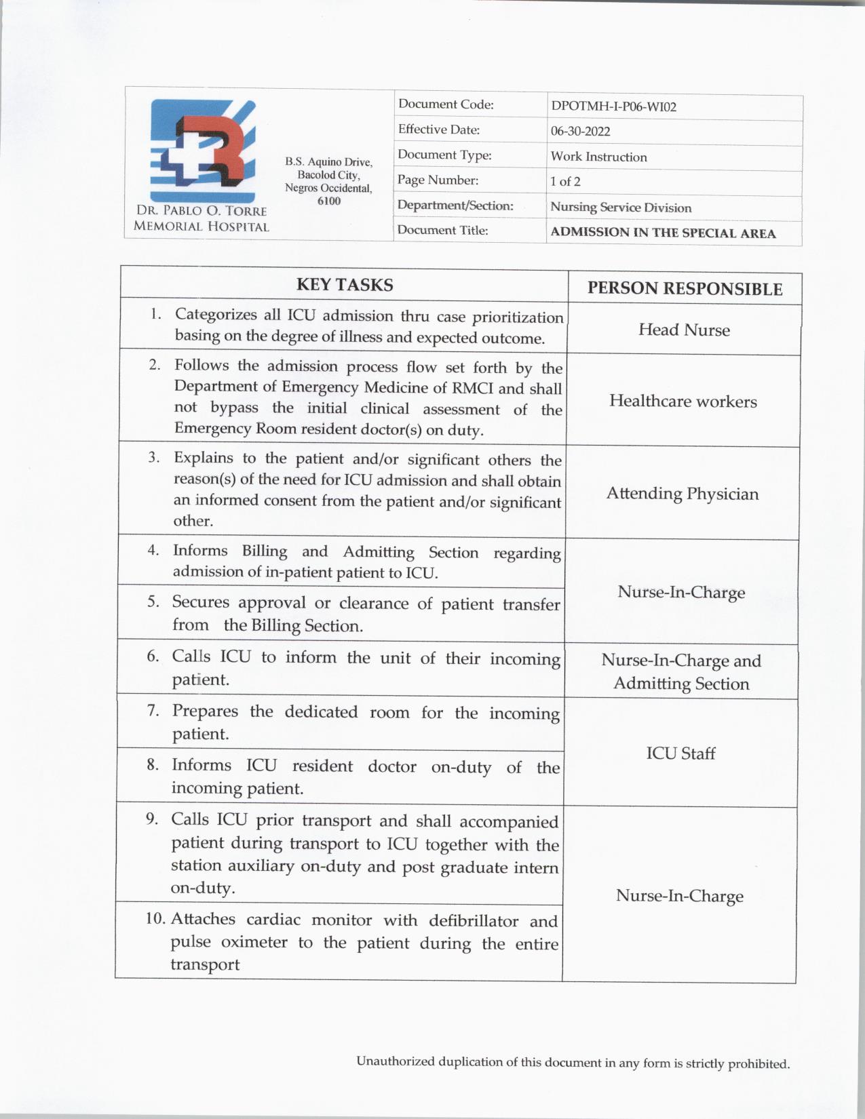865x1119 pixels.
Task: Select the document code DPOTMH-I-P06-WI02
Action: tap(613, 106)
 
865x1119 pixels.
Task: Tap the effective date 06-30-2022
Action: tap(580, 132)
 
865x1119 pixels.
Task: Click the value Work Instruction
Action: tap(598, 157)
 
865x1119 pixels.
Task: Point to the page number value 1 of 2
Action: tap(565, 182)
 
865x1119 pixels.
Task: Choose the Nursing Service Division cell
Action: tap(620, 208)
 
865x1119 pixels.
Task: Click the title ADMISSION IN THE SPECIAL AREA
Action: tap(662, 233)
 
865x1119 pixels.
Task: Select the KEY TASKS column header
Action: tap(344, 285)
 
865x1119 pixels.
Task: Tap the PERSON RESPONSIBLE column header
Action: tap(685, 289)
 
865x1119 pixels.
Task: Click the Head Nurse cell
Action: tap(684, 330)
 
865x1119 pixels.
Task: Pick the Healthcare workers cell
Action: tap(683, 401)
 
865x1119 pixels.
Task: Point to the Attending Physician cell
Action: tap(682, 493)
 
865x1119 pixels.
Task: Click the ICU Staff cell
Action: tap(680, 753)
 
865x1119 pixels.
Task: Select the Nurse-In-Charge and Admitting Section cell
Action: tap(681, 672)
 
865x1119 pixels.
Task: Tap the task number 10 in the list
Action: tap(155, 919)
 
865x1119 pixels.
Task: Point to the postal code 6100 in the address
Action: tap(328, 201)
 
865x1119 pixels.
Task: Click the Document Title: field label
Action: tap(442, 231)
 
